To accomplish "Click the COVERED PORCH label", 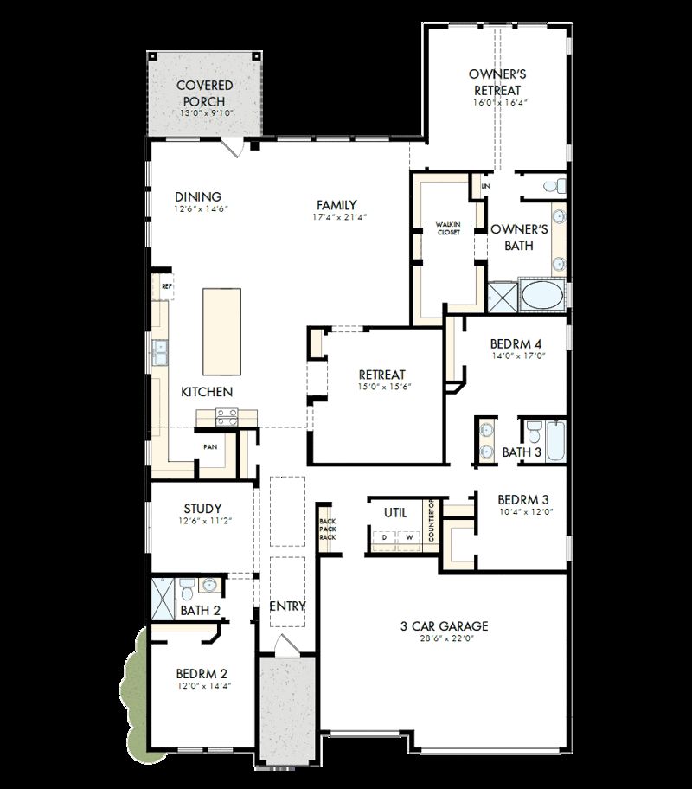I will click(206, 93).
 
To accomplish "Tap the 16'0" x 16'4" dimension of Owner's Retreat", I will click(499, 102).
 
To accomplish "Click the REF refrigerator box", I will click(166, 285).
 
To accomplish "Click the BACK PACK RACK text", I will click(327, 529).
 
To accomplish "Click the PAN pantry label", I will click(210, 447).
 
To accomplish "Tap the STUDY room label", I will click(202, 509).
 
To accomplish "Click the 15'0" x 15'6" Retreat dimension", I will click(381, 386).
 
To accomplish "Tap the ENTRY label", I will click(287, 606).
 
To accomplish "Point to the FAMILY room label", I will click(336, 205).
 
